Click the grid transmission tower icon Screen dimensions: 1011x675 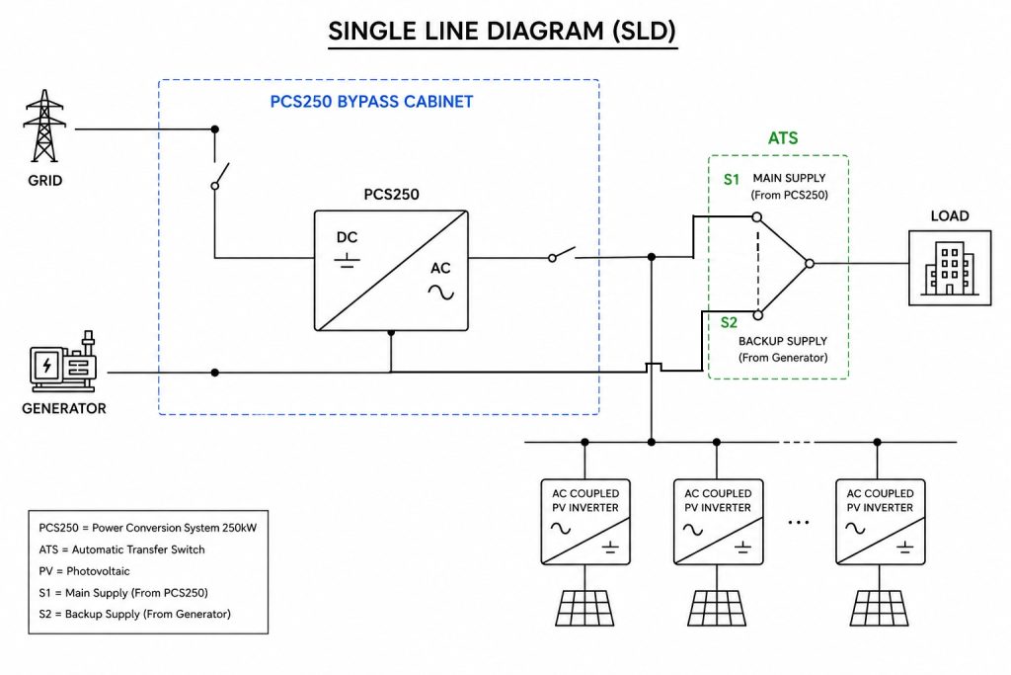pos(43,126)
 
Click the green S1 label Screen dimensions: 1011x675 pos(732,180)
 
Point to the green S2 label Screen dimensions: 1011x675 pos(729,322)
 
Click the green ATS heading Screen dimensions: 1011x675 pos(783,138)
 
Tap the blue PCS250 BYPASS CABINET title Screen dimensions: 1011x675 pos(371,102)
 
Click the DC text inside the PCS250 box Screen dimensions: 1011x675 pos(347,237)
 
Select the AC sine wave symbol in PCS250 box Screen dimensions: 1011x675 pos(441,293)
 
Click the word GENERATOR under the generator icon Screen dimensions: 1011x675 pos(64,408)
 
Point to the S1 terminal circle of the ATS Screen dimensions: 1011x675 pos(757,216)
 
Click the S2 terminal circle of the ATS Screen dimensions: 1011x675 pos(758,315)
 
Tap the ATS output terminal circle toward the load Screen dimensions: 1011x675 pos(810,263)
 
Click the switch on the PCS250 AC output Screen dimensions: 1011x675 pos(562,254)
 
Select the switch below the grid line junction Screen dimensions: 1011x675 pos(220,176)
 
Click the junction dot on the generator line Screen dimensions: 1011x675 pos(214,373)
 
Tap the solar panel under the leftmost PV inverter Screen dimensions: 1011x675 pos(584,608)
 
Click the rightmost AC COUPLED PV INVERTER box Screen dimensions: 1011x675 pos(880,522)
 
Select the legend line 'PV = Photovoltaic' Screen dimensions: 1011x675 pos(85,571)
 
